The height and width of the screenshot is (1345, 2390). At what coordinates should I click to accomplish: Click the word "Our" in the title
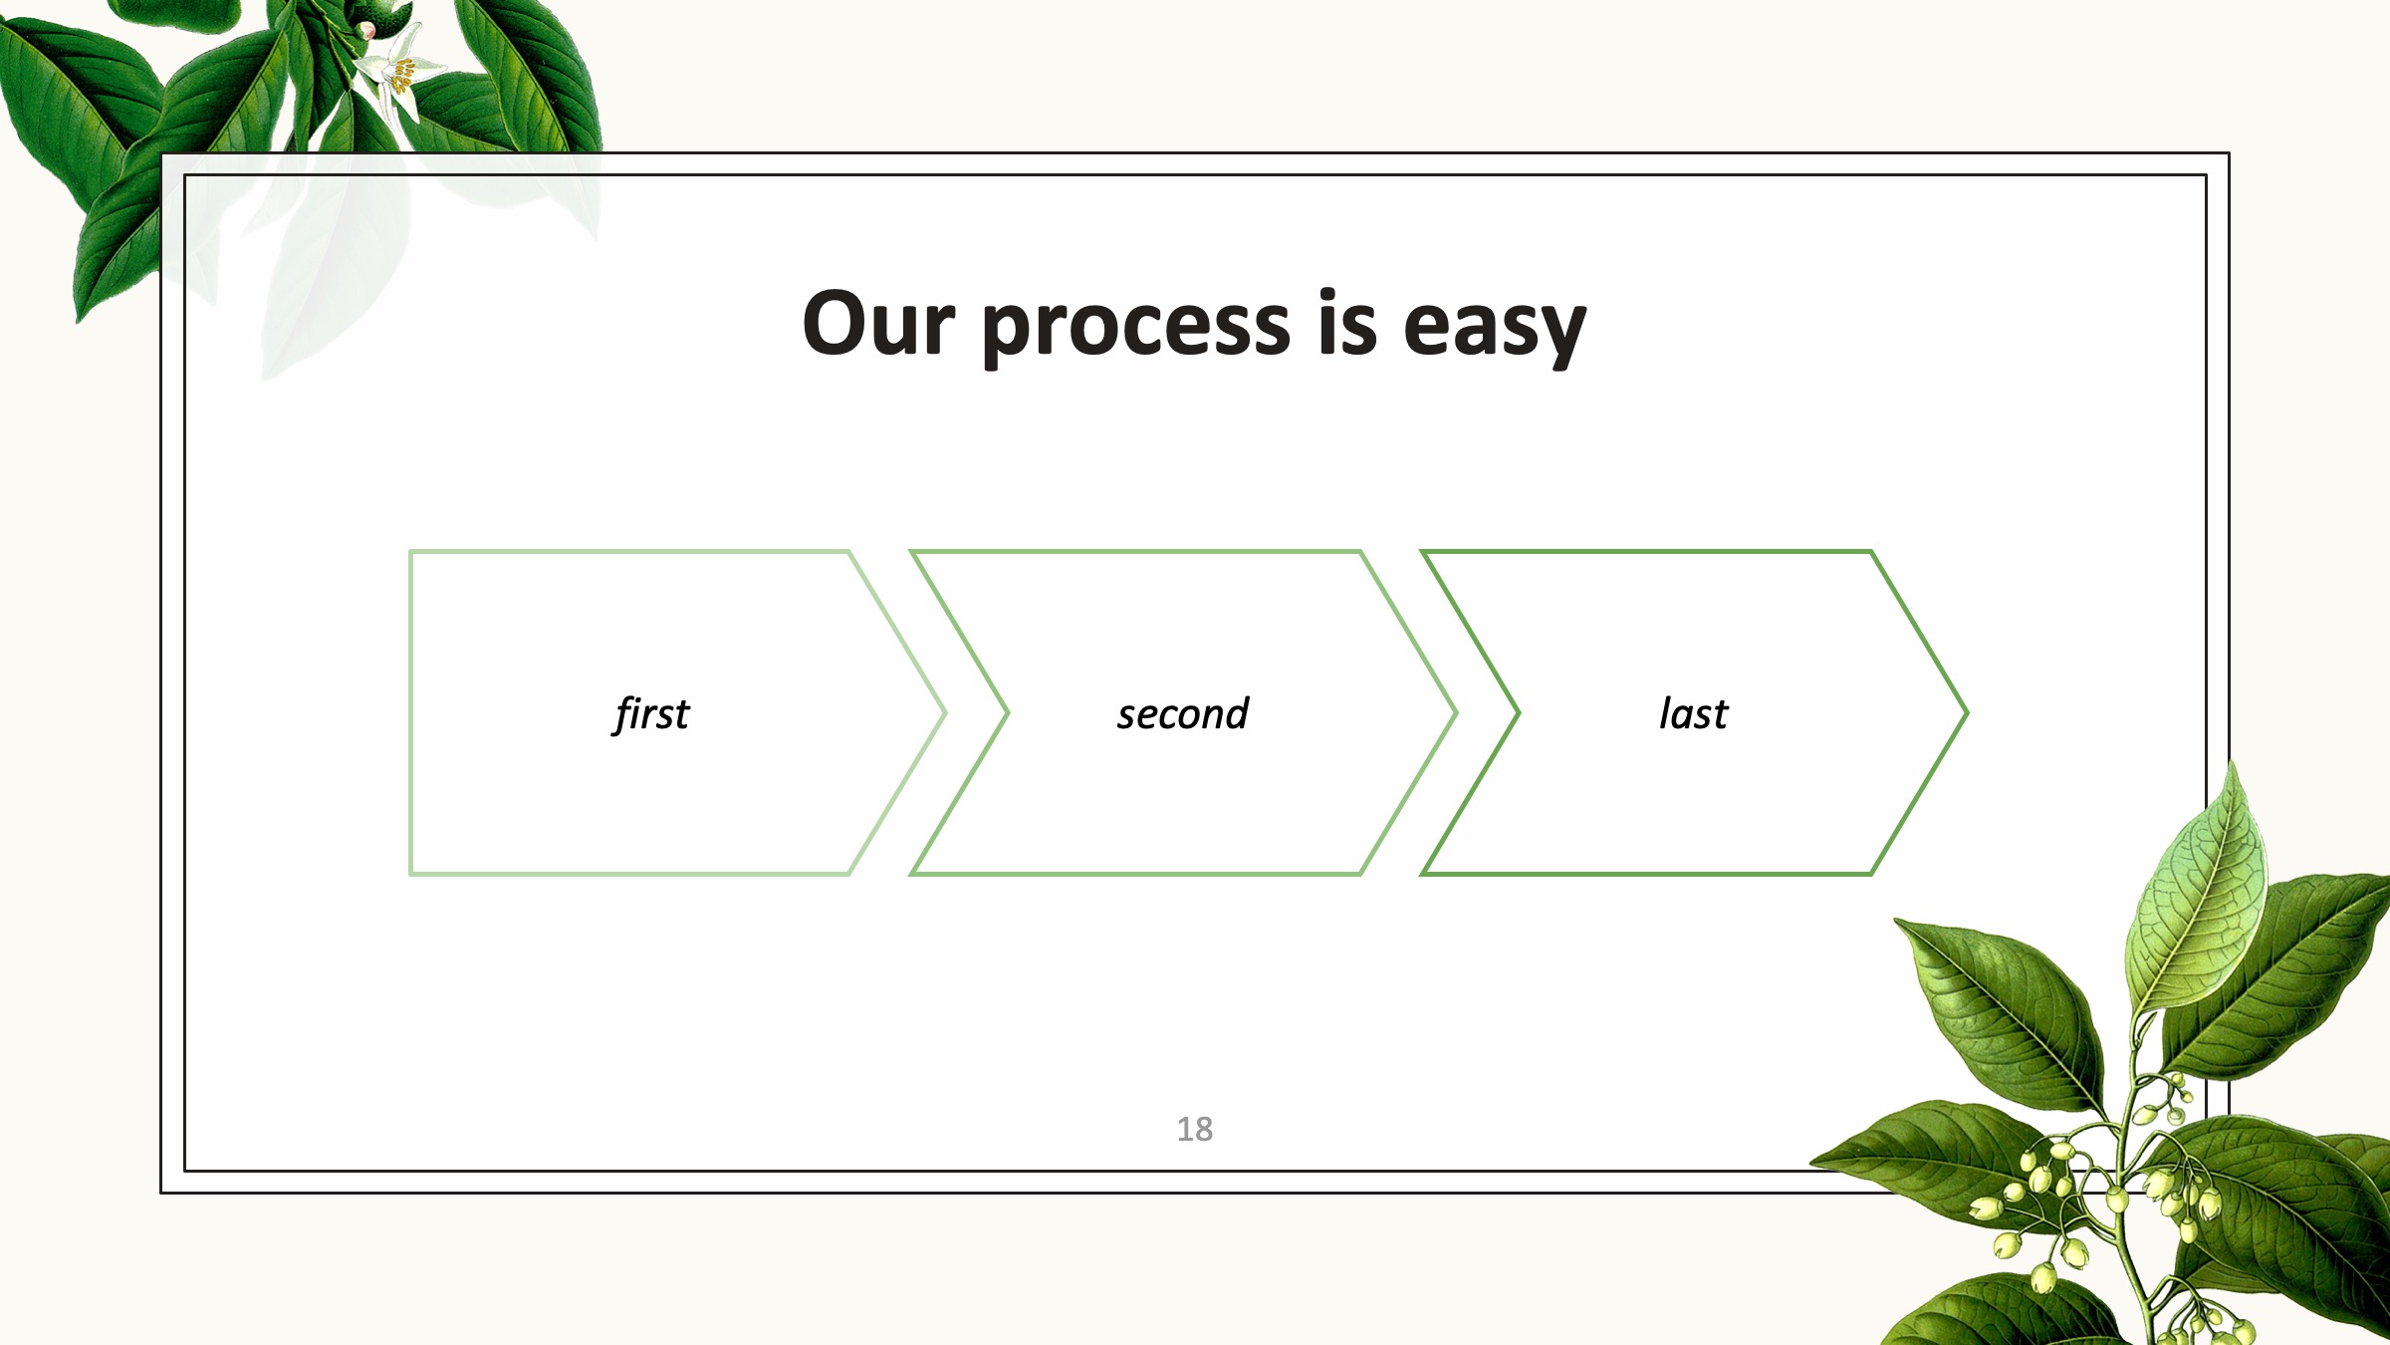pyautogui.click(x=878, y=324)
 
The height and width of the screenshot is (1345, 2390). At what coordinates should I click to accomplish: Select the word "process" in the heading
pyautogui.click(x=1136, y=330)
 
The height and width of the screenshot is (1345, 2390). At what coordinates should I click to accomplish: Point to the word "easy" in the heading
pyautogui.click(x=1495, y=330)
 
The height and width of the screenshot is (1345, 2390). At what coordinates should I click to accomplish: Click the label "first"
pyautogui.click(x=651, y=713)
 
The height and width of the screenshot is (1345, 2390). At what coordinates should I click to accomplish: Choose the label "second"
pyautogui.click(x=1183, y=713)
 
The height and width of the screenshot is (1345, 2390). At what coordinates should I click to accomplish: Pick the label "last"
pyautogui.click(x=1693, y=713)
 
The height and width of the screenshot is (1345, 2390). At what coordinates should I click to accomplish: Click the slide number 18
pyautogui.click(x=1195, y=1129)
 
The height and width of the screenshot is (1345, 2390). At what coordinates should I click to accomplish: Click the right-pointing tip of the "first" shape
pyautogui.click(x=945, y=712)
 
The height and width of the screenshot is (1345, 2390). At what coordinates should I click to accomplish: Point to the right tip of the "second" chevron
pyautogui.click(x=1456, y=712)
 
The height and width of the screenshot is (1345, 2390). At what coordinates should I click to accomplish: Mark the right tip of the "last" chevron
pyautogui.click(x=1967, y=712)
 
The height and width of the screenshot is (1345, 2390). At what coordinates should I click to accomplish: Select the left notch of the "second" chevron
pyautogui.click(x=1008, y=712)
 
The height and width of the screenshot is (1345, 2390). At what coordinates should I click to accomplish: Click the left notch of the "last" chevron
pyautogui.click(x=1519, y=712)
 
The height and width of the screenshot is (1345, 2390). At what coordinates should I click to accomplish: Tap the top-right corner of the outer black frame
pyautogui.click(x=2229, y=153)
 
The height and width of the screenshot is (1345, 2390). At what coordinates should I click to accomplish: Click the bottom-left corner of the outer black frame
pyautogui.click(x=161, y=1192)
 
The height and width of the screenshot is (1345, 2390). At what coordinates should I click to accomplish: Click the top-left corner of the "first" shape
pyautogui.click(x=410, y=551)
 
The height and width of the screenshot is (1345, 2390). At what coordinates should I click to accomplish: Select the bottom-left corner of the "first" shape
pyautogui.click(x=410, y=874)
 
